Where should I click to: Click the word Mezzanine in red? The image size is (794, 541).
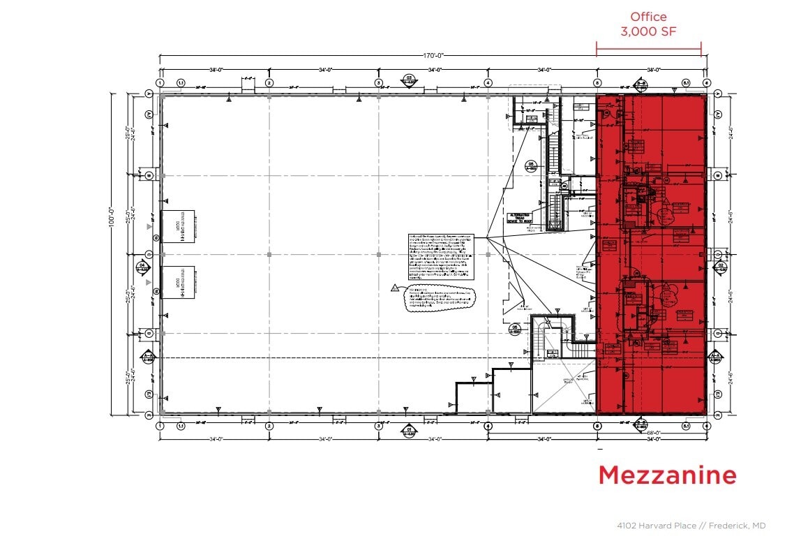pos(667,475)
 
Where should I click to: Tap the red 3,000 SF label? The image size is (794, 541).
pos(648,31)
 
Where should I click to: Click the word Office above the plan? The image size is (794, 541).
pos(648,17)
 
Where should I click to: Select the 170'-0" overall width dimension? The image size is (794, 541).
pos(433,55)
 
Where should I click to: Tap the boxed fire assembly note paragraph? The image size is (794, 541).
pos(441,257)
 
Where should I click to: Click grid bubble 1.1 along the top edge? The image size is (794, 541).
pos(181,82)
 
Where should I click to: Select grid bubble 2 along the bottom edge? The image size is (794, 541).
pos(269,426)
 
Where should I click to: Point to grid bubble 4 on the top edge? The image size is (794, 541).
pos(488,82)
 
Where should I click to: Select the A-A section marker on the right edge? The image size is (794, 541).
pos(714,357)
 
